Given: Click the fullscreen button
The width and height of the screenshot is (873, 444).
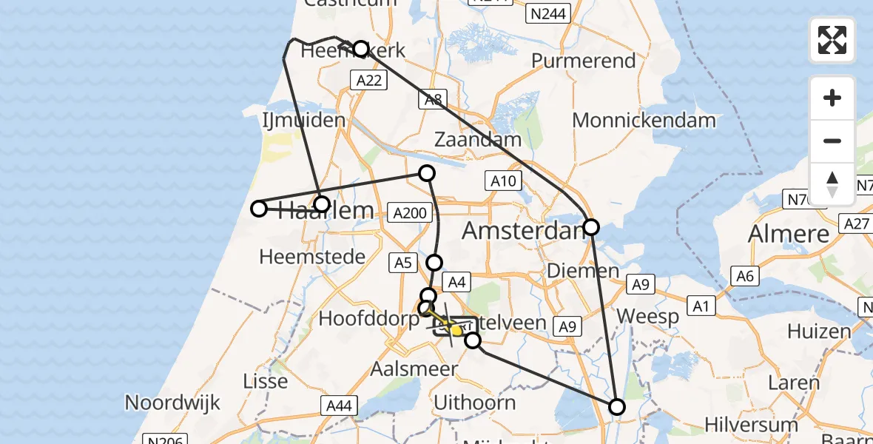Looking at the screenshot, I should click(x=832, y=40).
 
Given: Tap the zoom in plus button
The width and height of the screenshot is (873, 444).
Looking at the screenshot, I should click(x=832, y=98).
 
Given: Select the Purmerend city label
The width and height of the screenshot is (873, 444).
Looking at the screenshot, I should click(x=584, y=61).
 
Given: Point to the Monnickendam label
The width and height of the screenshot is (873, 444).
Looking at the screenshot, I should click(x=644, y=120).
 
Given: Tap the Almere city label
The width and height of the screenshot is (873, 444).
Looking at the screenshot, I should click(x=789, y=234).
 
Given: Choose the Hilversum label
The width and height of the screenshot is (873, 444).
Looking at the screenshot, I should click(x=751, y=425).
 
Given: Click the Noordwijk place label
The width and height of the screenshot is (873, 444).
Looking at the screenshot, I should click(x=172, y=403).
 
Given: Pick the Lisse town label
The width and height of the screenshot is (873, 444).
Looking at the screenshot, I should click(x=266, y=381).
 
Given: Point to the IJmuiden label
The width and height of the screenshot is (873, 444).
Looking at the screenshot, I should click(x=304, y=121).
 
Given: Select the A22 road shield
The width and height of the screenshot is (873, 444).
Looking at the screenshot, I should click(x=368, y=81).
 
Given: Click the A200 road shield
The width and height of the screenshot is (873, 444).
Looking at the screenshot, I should click(x=409, y=213).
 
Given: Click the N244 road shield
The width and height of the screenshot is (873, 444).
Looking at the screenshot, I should click(x=545, y=13).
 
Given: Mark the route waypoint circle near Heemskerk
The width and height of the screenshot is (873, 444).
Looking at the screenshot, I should click(x=360, y=49).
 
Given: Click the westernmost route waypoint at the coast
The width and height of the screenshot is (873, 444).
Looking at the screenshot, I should click(x=259, y=209).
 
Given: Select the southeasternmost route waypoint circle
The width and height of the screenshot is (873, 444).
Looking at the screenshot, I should click(x=616, y=406).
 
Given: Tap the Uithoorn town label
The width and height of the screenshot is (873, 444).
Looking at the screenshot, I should click(x=475, y=403).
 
